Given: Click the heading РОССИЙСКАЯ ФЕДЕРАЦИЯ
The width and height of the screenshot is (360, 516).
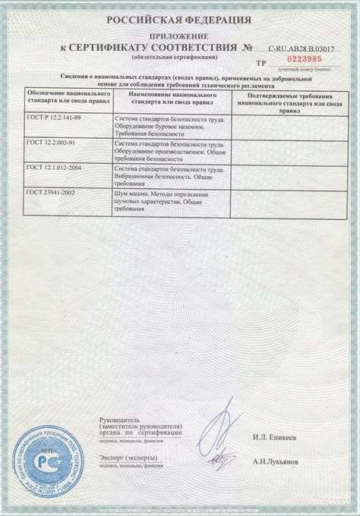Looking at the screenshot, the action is click(x=181, y=20).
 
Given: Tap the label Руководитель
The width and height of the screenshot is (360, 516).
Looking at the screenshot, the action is click(x=120, y=420).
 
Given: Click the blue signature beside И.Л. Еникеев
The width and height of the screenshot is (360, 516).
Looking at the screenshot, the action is click(x=222, y=429).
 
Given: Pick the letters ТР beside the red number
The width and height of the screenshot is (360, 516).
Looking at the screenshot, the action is click(x=261, y=66).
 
